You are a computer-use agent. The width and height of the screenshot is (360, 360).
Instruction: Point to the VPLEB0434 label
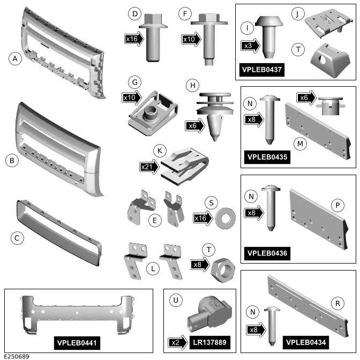coord(307,342)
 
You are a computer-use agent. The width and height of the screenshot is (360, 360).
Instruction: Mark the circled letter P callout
coord(338,204)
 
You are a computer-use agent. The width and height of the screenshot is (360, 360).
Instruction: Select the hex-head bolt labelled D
coord(153,39)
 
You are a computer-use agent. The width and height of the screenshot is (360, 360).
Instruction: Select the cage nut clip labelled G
coord(153,109)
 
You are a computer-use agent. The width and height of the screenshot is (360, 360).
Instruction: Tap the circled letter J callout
coord(296,12)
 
